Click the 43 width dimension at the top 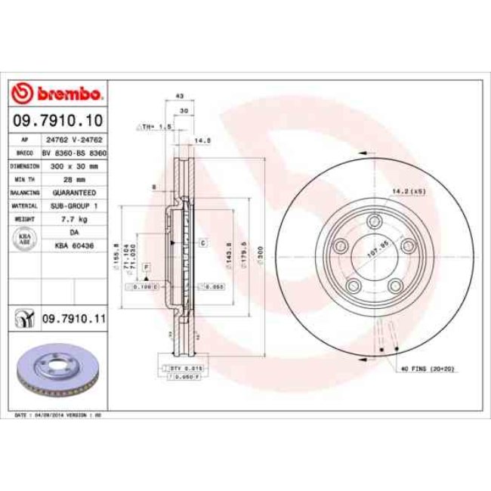click(180, 97)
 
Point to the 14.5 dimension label click(201, 141)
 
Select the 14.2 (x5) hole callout click(407, 192)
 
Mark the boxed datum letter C click(203, 242)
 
